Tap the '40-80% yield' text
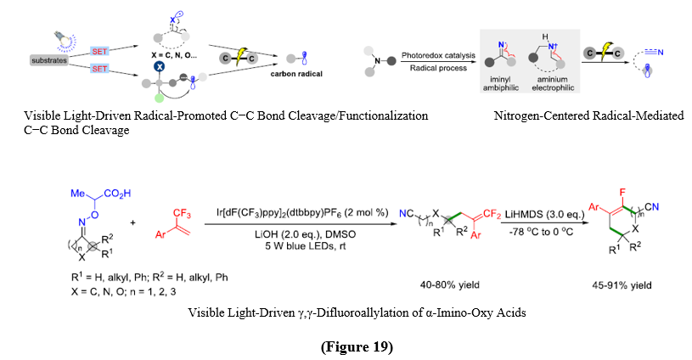coord(444,285)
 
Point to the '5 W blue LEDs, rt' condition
coord(291,247)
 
